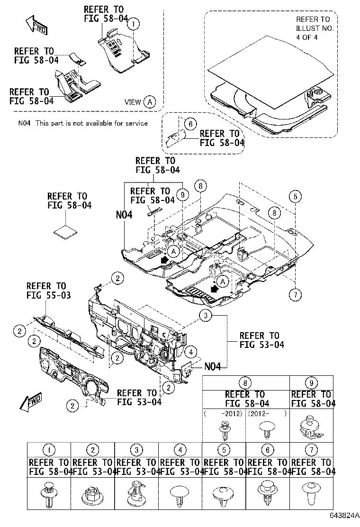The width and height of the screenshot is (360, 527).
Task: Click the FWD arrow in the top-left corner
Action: [x=36, y=25]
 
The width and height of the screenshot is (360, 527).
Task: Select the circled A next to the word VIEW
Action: [x=149, y=102]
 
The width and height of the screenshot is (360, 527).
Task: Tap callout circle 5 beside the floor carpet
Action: [x=295, y=196]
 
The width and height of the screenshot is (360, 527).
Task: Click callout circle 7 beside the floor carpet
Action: [x=295, y=294]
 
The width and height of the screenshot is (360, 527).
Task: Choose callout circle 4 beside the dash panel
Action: [x=189, y=352]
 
